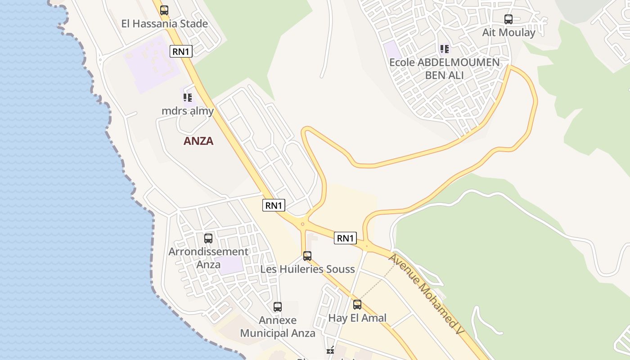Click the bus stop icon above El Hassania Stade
[x=164, y=10]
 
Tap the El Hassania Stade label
[x=165, y=24]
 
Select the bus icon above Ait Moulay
[x=508, y=19]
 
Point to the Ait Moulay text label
[x=508, y=32]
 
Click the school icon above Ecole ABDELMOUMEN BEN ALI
[x=445, y=49]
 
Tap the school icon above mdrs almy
[x=188, y=97]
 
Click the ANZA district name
[x=198, y=141]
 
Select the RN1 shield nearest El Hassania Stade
[x=181, y=51]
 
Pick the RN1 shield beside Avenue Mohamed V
[x=345, y=238]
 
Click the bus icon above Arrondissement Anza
[x=208, y=238]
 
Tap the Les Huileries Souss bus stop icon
[x=307, y=256]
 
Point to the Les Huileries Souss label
[x=307, y=269]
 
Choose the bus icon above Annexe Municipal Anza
[x=278, y=307]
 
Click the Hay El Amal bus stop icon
[x=357, y=305]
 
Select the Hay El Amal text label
[x=357, y=318]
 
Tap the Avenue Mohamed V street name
[x=426, y=294]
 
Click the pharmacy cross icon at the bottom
[x=330, y=350]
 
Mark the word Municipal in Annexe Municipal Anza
[x=278, y=333]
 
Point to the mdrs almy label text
[x=188, y=111]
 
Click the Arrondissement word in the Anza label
[x=208, y=252]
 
